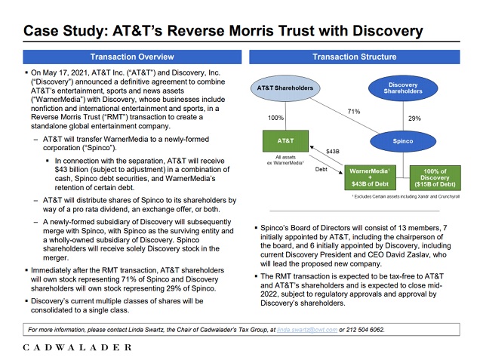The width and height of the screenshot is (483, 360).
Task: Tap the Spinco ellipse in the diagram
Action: tap(403, 141)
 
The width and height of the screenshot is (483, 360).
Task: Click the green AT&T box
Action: tap(285, 141)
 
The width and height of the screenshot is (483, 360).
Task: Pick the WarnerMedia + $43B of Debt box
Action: tap(370, 177)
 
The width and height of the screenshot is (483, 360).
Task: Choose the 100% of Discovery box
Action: tap(435, 177)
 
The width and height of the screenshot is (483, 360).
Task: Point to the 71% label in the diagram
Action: tap(353, 112)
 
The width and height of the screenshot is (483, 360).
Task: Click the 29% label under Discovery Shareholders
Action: tap(414, 118)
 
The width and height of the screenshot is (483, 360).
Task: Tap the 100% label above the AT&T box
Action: tap(275, 118)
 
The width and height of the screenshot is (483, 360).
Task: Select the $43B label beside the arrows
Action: tap(332, 152)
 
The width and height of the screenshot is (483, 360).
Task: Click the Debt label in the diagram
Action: tap(321, 170)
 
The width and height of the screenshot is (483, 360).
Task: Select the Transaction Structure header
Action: tap(354, 57)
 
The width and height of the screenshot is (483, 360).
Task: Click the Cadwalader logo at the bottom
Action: tap(77, 347)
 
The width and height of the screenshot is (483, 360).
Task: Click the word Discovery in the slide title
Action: tap(380, 31)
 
